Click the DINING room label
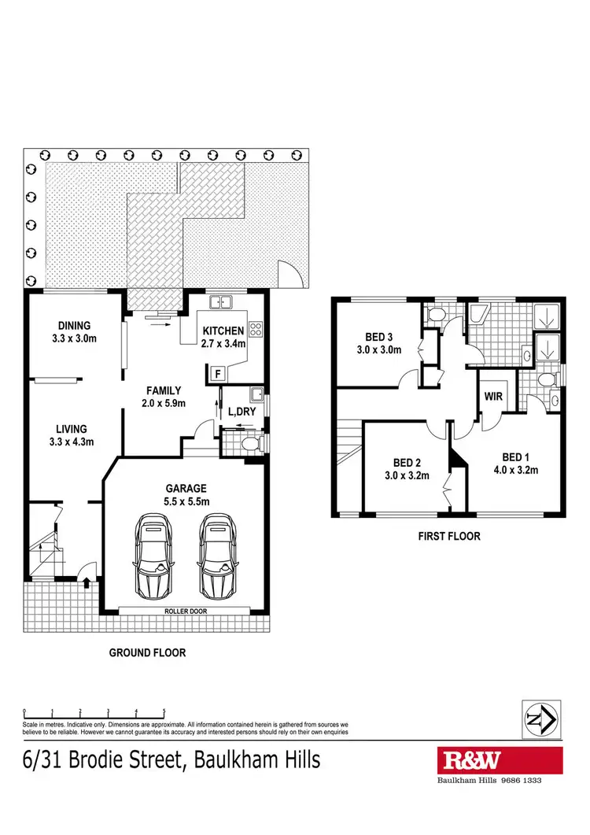point(74,325)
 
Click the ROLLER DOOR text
point(185,611)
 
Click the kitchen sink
point(219,301)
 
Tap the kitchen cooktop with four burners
point(256,329)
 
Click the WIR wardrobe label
point(494,397)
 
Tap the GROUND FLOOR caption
point(147,652)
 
